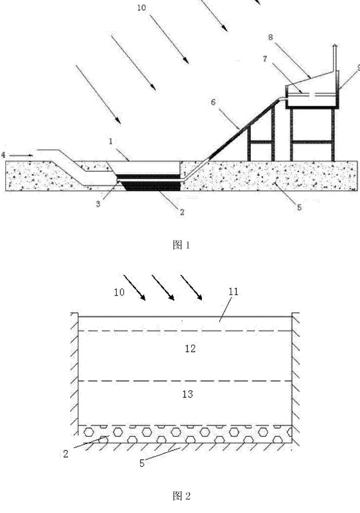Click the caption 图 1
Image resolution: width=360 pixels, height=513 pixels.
(x=181, y=245)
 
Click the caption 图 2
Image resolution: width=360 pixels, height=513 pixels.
(x=181, y=496)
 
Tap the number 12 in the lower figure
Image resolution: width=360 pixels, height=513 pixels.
(x=190, y=349)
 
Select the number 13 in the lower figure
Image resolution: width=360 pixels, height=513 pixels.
(x=188, y=394)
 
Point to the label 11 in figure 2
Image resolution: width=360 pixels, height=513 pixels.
(x=234, y=291)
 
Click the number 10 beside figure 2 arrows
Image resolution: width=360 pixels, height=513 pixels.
(x=120, y=292)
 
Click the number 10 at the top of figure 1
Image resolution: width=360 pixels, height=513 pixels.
(x=141, y=7)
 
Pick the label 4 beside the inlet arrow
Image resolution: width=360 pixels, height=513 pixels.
(x=3, y=155)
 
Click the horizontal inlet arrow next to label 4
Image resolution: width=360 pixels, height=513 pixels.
(x=21, y=155)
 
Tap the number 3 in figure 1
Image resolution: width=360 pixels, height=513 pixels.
(x=98, y=204)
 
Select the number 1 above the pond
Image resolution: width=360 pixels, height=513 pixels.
(x=111, y=142)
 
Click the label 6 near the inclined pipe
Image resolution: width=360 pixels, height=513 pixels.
(x=213, y=103)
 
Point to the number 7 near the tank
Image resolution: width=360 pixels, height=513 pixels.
(x=265, y=59)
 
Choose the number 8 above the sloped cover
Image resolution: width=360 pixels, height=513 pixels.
(x=270, y=37)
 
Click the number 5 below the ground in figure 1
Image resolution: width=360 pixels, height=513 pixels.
(x=299, y=207)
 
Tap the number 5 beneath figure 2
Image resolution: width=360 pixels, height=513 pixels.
(x=142, y=463)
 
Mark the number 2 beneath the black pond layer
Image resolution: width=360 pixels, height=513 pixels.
(x=182, y=212)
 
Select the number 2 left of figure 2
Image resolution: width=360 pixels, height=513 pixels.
(x=66, y=454)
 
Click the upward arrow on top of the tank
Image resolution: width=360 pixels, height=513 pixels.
(x=334, y=57)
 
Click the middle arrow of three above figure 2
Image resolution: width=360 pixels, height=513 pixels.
(x=163, y=287)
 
